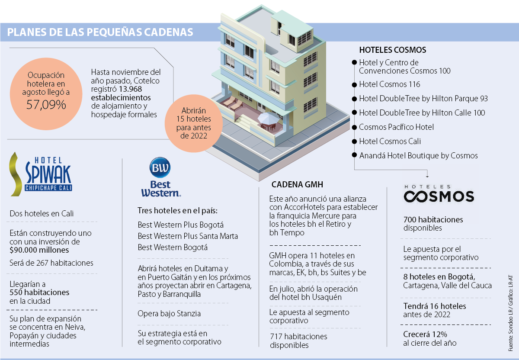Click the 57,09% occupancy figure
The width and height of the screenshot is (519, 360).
46,104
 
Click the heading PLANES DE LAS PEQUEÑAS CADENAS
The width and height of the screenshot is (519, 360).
100,32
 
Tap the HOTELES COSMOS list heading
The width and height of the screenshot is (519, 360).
393,50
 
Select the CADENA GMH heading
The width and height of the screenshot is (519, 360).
298,184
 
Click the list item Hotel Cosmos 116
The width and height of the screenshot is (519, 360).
389,84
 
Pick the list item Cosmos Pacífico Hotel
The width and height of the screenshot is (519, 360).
396,127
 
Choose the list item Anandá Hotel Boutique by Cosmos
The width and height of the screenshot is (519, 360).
418,155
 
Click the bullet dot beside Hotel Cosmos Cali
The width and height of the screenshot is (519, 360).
354,141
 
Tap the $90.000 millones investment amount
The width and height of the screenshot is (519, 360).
39,250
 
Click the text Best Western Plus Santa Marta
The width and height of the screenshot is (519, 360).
188,236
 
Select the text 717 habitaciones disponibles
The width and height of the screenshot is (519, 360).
298,341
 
